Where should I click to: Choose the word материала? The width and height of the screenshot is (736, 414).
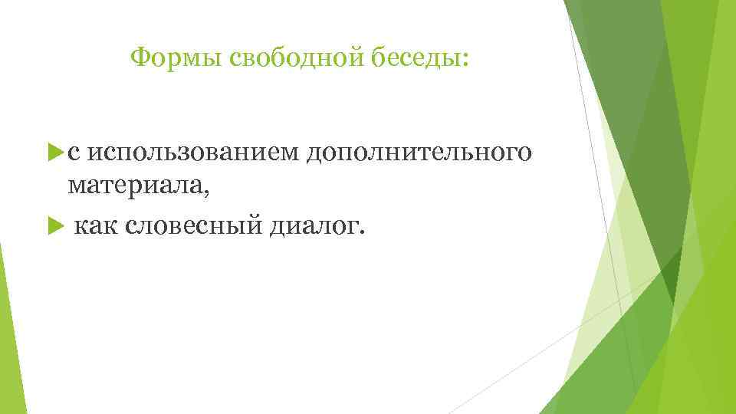point(135,187)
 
